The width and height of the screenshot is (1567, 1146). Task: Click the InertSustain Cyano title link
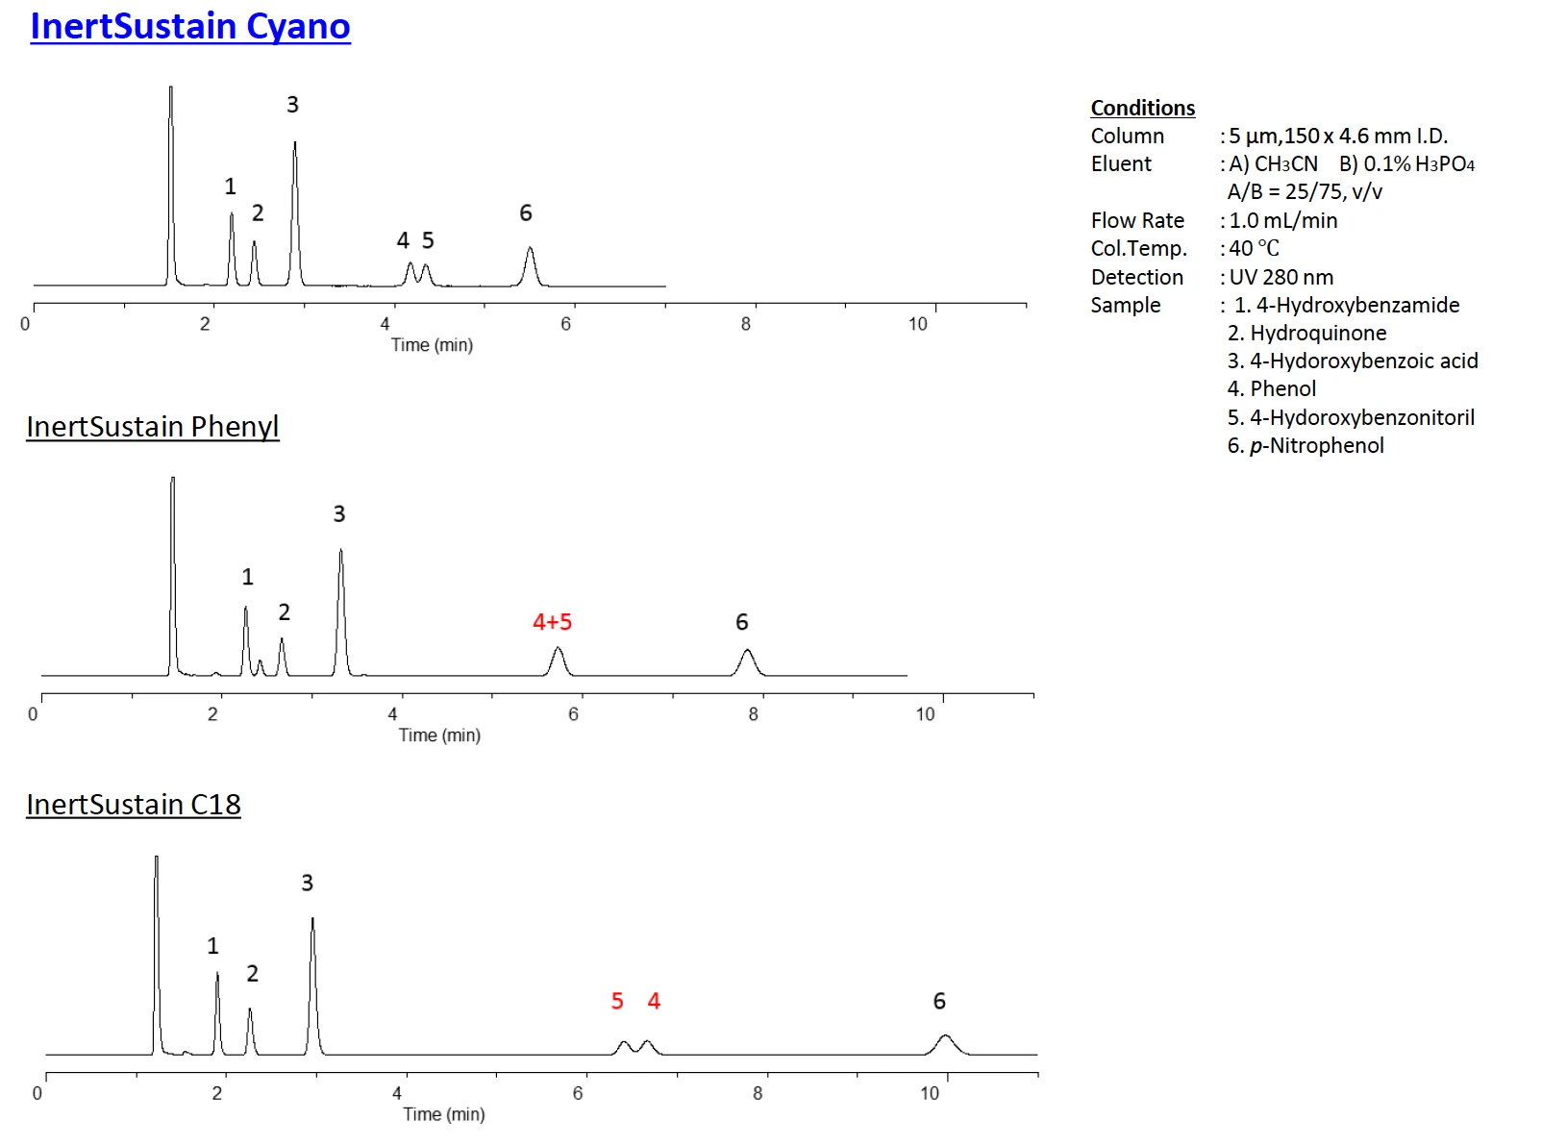tap(190, 26)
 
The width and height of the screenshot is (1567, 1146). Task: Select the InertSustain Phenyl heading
tap(153, 426)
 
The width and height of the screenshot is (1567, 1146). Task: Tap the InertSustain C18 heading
tap(134, 804)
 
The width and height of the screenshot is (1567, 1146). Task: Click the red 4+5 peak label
tap(553, 622)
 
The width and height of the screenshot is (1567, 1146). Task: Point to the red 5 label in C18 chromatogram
tap(617, 1001)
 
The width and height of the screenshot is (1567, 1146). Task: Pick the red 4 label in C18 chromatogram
tap(654, 1001)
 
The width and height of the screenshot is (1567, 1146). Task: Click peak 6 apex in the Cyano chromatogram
tap(530, 249)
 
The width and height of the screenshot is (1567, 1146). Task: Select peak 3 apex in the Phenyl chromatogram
tap(340, 551)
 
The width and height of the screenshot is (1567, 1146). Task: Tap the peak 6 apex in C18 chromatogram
tap(945, 1035)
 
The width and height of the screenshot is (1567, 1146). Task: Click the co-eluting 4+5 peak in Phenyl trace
tap(558, 650)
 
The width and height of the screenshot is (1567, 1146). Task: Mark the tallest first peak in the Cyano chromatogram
tap(171, 88)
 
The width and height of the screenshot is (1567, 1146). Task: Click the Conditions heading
tap(1143, 108)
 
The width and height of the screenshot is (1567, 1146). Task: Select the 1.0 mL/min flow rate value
tap(1283, 220)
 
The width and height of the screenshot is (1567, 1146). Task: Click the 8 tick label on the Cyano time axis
tap(746, 324)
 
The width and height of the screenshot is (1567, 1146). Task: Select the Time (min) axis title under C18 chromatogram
tap(444, 1114)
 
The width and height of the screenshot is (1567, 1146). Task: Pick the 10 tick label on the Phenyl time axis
tap(925, 714)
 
